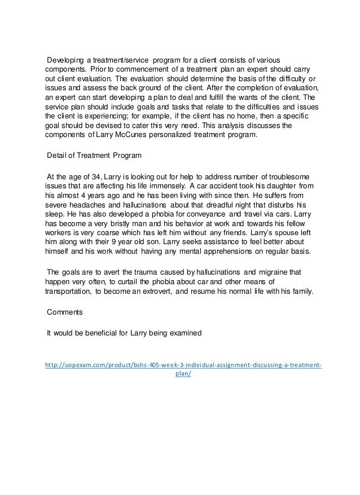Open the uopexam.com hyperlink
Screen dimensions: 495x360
coord(183,365)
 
